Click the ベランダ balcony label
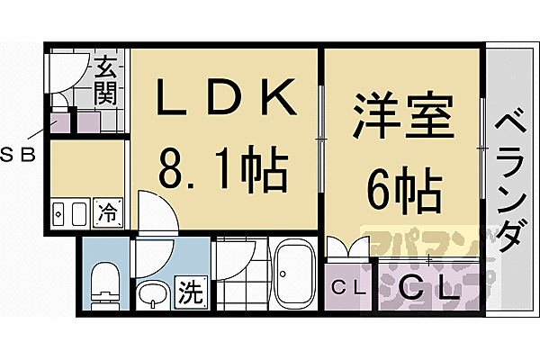pos(510,180)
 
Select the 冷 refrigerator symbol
pos(107,213)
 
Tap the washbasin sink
pos(153,292)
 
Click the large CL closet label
pos(423,290)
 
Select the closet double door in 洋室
pos(349,247)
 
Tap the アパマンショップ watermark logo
pos(423,261)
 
